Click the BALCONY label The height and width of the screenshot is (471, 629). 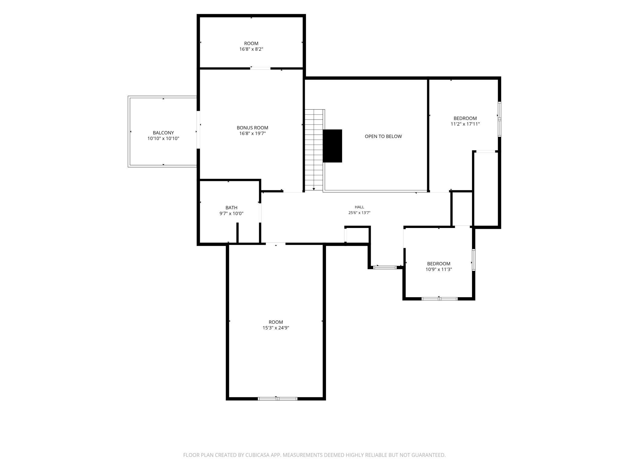[x=163, y=133]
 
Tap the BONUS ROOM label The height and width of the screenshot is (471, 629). [x=253, y=128]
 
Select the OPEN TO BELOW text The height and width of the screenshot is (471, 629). [x=383, y=136]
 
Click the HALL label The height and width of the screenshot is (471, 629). [x=359, y=207]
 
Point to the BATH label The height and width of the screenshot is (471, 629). [x=231, y=208]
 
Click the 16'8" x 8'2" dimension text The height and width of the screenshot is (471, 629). [x=251, y=49]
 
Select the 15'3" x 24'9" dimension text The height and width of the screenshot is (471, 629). [x=276, y=328]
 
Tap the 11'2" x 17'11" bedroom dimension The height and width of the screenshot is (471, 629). [x=465, y=124]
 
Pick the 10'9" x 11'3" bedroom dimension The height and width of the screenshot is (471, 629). [x=438, y=269]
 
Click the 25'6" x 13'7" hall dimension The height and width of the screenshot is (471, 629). [x=359, y=213]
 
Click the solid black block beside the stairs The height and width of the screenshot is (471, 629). [x=332, y=146]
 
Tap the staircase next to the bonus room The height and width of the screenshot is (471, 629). [x=314, y=150]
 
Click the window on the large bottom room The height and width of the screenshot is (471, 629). [x=278, y=399]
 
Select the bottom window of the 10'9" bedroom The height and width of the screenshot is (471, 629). [x=439, y=299]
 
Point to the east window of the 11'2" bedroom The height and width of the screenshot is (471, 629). [x=500, y=119]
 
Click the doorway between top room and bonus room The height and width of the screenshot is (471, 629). [x=260, y=69]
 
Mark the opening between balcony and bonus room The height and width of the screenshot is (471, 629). [x=198, y=130]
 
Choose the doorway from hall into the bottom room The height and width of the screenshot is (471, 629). [x=275, y=243]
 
